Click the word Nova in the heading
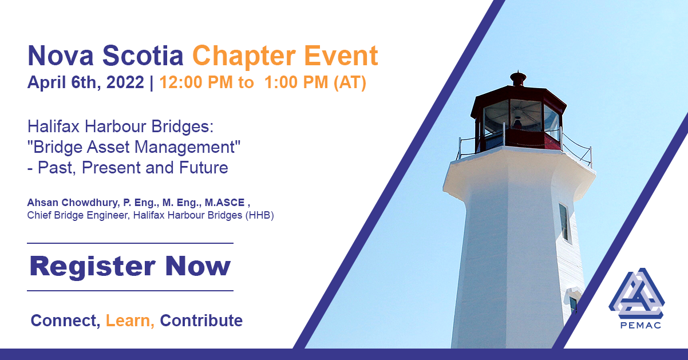61,56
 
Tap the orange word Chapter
244,57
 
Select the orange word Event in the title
341,56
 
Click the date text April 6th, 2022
86,82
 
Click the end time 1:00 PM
296,82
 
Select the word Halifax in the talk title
53,126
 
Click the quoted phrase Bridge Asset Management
134,147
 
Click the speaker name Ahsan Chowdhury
72,203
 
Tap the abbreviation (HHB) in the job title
259,215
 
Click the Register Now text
130,266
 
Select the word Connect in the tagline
65,321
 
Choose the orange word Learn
130,321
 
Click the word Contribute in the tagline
201,321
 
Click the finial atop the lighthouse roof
518,78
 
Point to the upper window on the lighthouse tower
564,221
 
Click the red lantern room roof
519,96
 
